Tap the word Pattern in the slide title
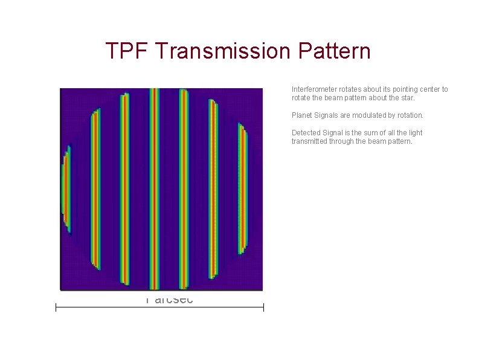pos(334,51)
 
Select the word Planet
pos(301,115)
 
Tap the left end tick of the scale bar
pos(56,308)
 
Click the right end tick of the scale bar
pos(263,308)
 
